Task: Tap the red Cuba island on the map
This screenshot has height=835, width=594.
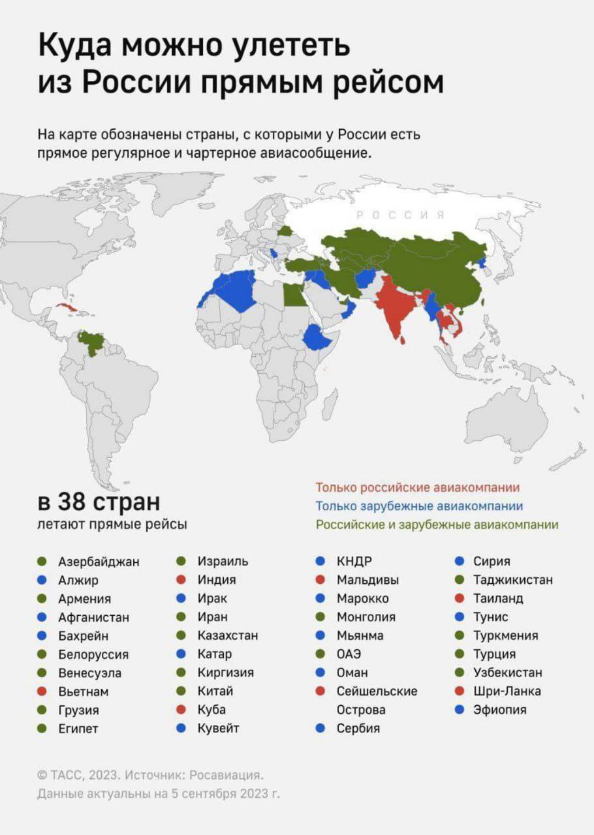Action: (65, 307)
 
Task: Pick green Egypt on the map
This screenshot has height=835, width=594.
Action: (292, 297)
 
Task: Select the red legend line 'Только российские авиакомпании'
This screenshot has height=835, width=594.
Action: (418, 487)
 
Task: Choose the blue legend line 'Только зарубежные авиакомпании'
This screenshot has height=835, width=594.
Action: (419, 506)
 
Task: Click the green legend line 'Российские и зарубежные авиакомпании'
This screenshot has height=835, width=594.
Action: (437, 524)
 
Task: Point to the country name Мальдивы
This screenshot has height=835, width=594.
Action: (367, 579)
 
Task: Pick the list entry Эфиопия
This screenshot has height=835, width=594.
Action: (499, 710)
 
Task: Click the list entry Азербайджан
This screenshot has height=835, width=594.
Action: (99, 561)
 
